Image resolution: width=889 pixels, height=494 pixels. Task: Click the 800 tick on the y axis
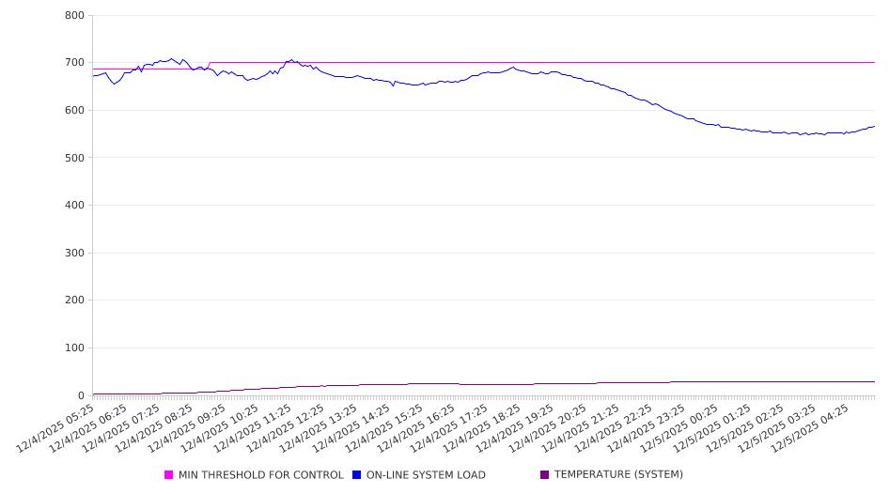tap(74, 16)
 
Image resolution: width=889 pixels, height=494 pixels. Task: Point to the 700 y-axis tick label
tap(74, 63)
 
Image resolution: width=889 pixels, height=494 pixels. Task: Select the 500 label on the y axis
tap(74, 158)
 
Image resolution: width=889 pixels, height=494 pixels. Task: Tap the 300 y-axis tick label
tap(74, 253)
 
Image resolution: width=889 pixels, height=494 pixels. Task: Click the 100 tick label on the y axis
tap(74, 348)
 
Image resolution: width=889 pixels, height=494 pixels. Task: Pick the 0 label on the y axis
tap(81, 395)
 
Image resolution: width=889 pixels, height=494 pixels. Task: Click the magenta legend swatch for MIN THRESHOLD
tap(169, 475)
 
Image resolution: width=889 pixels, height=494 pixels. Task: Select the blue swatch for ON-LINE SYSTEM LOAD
tap(357, 475)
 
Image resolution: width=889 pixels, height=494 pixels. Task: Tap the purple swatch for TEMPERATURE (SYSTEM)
tap(545, 475)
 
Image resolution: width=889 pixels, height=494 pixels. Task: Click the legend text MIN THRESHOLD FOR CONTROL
tap(260, 475)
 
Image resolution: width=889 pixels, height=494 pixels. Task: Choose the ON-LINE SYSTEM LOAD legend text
tap(425, 475)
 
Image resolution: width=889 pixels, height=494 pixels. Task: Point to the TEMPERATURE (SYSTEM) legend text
tap(618, 475)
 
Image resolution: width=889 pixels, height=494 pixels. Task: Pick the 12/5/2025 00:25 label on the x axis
tap(688, 428)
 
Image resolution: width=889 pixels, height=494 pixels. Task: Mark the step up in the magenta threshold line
tap(209, 66)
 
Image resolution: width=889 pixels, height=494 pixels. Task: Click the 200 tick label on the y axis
tap(74, 301)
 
